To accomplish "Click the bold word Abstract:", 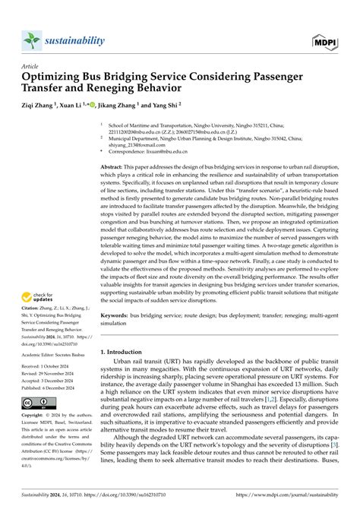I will (115, 185).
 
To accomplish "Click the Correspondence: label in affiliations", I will (129, 173).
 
